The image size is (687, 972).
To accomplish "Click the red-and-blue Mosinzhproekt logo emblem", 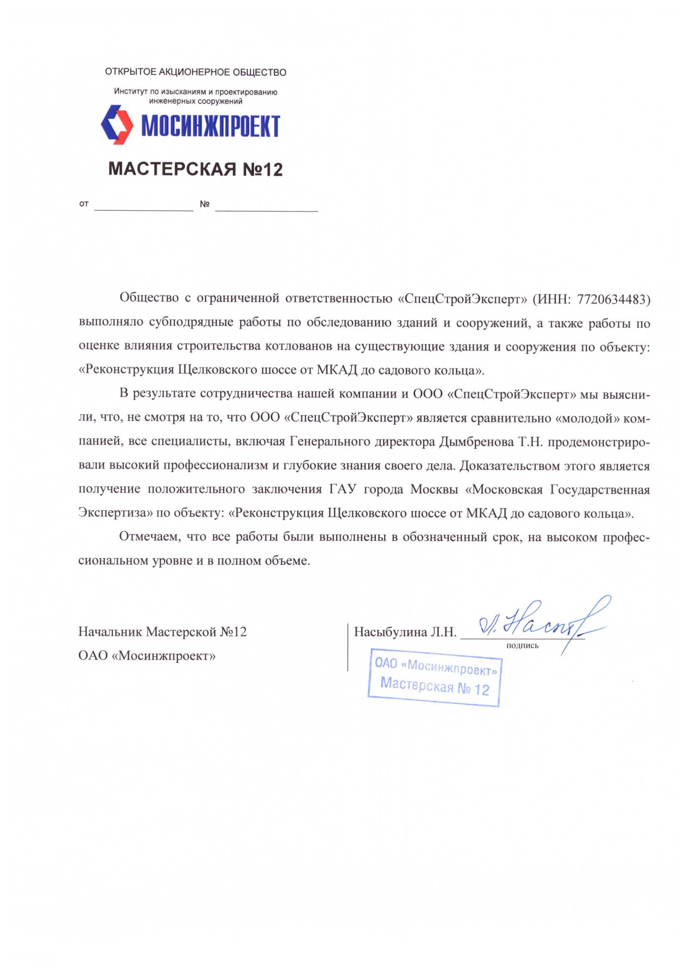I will point(117,125).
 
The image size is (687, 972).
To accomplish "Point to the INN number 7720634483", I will point(613,299).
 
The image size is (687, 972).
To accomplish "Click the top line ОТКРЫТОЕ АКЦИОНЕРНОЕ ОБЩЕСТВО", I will point(196,72).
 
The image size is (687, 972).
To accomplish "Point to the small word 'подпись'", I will point(522,646).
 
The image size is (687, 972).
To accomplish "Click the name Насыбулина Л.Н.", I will point(405,632).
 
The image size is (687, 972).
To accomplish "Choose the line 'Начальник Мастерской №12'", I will point(163,632).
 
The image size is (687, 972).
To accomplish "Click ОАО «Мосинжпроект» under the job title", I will point(147,656).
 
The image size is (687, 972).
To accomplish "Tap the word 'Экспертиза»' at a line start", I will point(116,513).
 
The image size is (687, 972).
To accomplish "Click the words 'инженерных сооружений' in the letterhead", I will point(196,101).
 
